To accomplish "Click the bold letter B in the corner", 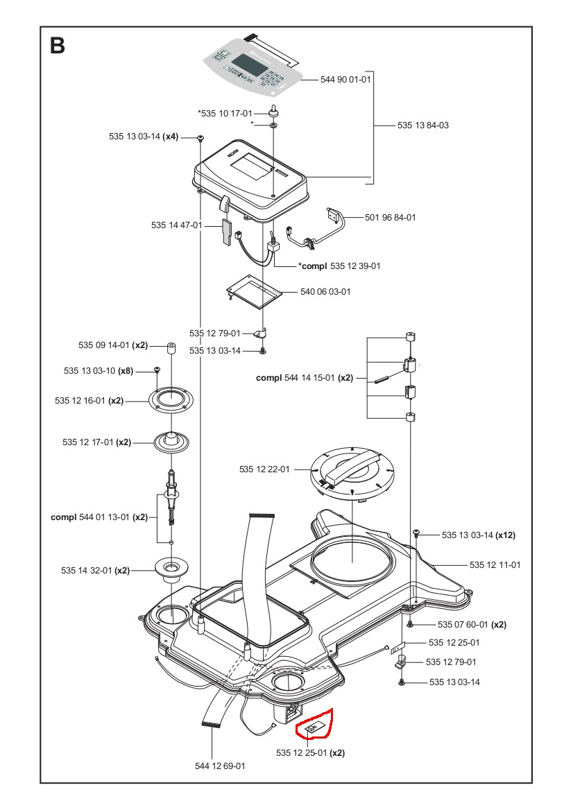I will tap(58, 46).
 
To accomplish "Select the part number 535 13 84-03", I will tap(423, 126).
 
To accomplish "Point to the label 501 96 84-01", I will tap(391, 218).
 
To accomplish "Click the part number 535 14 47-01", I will tap(176, 225).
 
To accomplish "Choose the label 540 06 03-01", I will tap(325, 292).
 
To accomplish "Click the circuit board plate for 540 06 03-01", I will tap(255, 290).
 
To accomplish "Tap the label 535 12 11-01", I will tap(495, 565).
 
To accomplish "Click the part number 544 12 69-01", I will tap(220, 766).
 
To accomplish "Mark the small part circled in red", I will tap(314, 727).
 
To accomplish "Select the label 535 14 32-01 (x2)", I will tap(95, 570).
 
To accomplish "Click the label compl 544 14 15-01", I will tap(304, 378).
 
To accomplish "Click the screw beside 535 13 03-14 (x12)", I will tap(416, 533).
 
